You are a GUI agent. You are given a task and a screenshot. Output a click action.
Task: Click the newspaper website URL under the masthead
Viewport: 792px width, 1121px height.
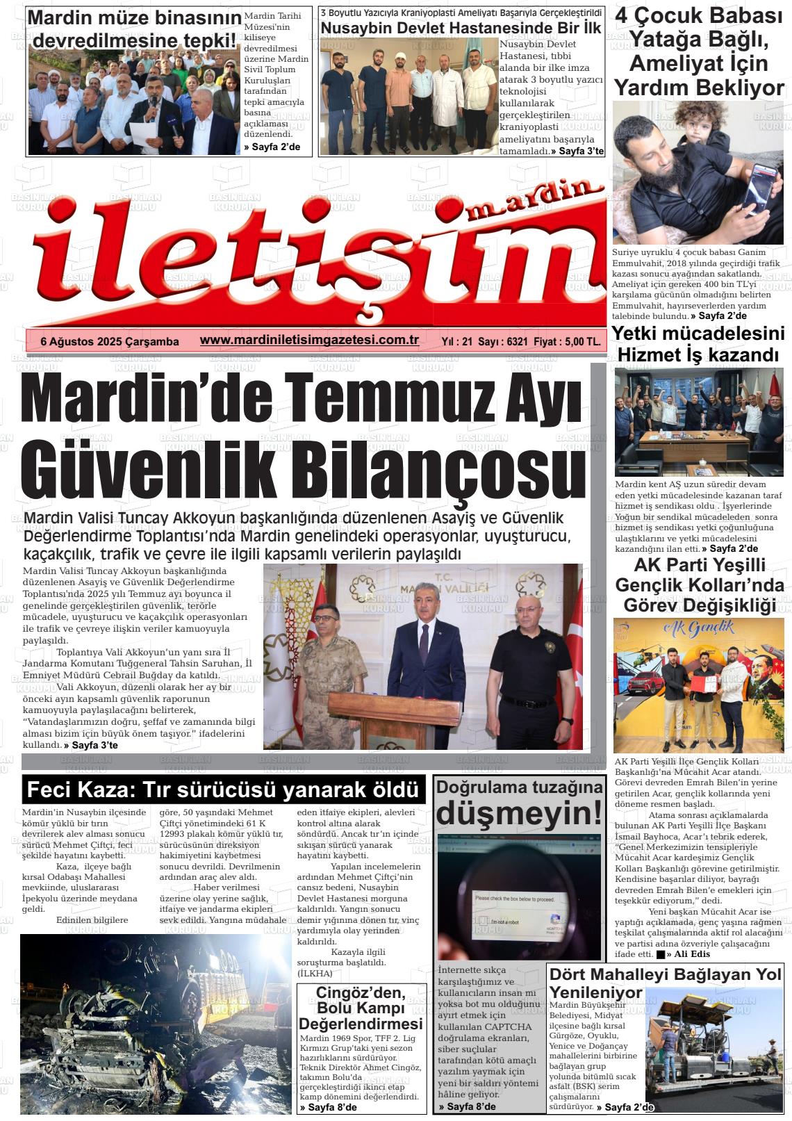pos(309,340)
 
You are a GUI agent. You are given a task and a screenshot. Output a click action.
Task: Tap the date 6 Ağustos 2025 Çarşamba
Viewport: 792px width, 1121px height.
pos(110,341)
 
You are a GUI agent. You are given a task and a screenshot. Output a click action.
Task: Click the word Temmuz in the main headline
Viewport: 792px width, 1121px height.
pos(390,399)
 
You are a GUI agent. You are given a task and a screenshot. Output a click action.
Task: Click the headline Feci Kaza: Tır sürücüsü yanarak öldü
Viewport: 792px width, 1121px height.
pos(223,790)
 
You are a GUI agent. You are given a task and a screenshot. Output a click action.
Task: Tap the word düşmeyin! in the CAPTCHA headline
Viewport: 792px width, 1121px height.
pos(518,811)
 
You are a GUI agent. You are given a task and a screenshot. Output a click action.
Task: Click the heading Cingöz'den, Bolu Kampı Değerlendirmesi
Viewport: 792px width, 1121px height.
pos(361,1008)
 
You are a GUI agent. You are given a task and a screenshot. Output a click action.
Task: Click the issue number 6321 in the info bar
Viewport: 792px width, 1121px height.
pos(518,341)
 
